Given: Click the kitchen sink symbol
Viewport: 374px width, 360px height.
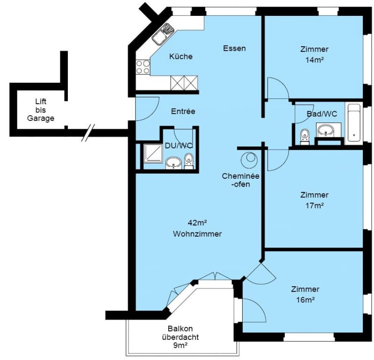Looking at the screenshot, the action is (163, 34).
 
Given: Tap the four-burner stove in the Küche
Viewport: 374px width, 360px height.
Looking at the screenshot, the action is (143, 67).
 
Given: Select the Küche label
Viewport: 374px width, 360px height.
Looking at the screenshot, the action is (181, 56).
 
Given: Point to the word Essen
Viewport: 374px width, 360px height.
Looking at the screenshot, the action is (234, 49).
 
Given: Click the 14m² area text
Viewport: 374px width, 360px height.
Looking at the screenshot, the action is (314, 60).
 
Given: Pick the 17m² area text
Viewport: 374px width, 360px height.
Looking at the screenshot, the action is (314, 205).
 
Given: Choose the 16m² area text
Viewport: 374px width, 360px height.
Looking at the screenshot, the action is (305, 300).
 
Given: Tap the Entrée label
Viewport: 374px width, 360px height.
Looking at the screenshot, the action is (183, 111).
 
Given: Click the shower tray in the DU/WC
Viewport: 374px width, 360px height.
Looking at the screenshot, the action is (153, 154).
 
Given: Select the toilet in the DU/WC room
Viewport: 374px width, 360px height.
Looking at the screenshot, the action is (189, 161).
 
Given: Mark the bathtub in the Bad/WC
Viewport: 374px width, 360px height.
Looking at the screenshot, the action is (354, 123).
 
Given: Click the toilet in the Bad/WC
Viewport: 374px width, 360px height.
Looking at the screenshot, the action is (305, 137).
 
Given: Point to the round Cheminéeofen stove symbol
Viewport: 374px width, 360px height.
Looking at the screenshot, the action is (249, 160).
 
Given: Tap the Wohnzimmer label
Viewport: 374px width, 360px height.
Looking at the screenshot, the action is (197, 234).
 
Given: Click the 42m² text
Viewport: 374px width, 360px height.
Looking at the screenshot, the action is (197, 223).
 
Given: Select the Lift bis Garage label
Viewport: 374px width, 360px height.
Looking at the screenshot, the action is (41, 110).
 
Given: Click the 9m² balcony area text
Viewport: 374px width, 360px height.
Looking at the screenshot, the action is (180, 345).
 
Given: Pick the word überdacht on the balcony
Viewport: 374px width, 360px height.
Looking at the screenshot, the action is (180, 337).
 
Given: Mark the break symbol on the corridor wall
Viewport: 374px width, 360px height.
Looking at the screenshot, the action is (88, 133).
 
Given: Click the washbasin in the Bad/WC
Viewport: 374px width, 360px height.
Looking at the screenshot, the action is (325, 130).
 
